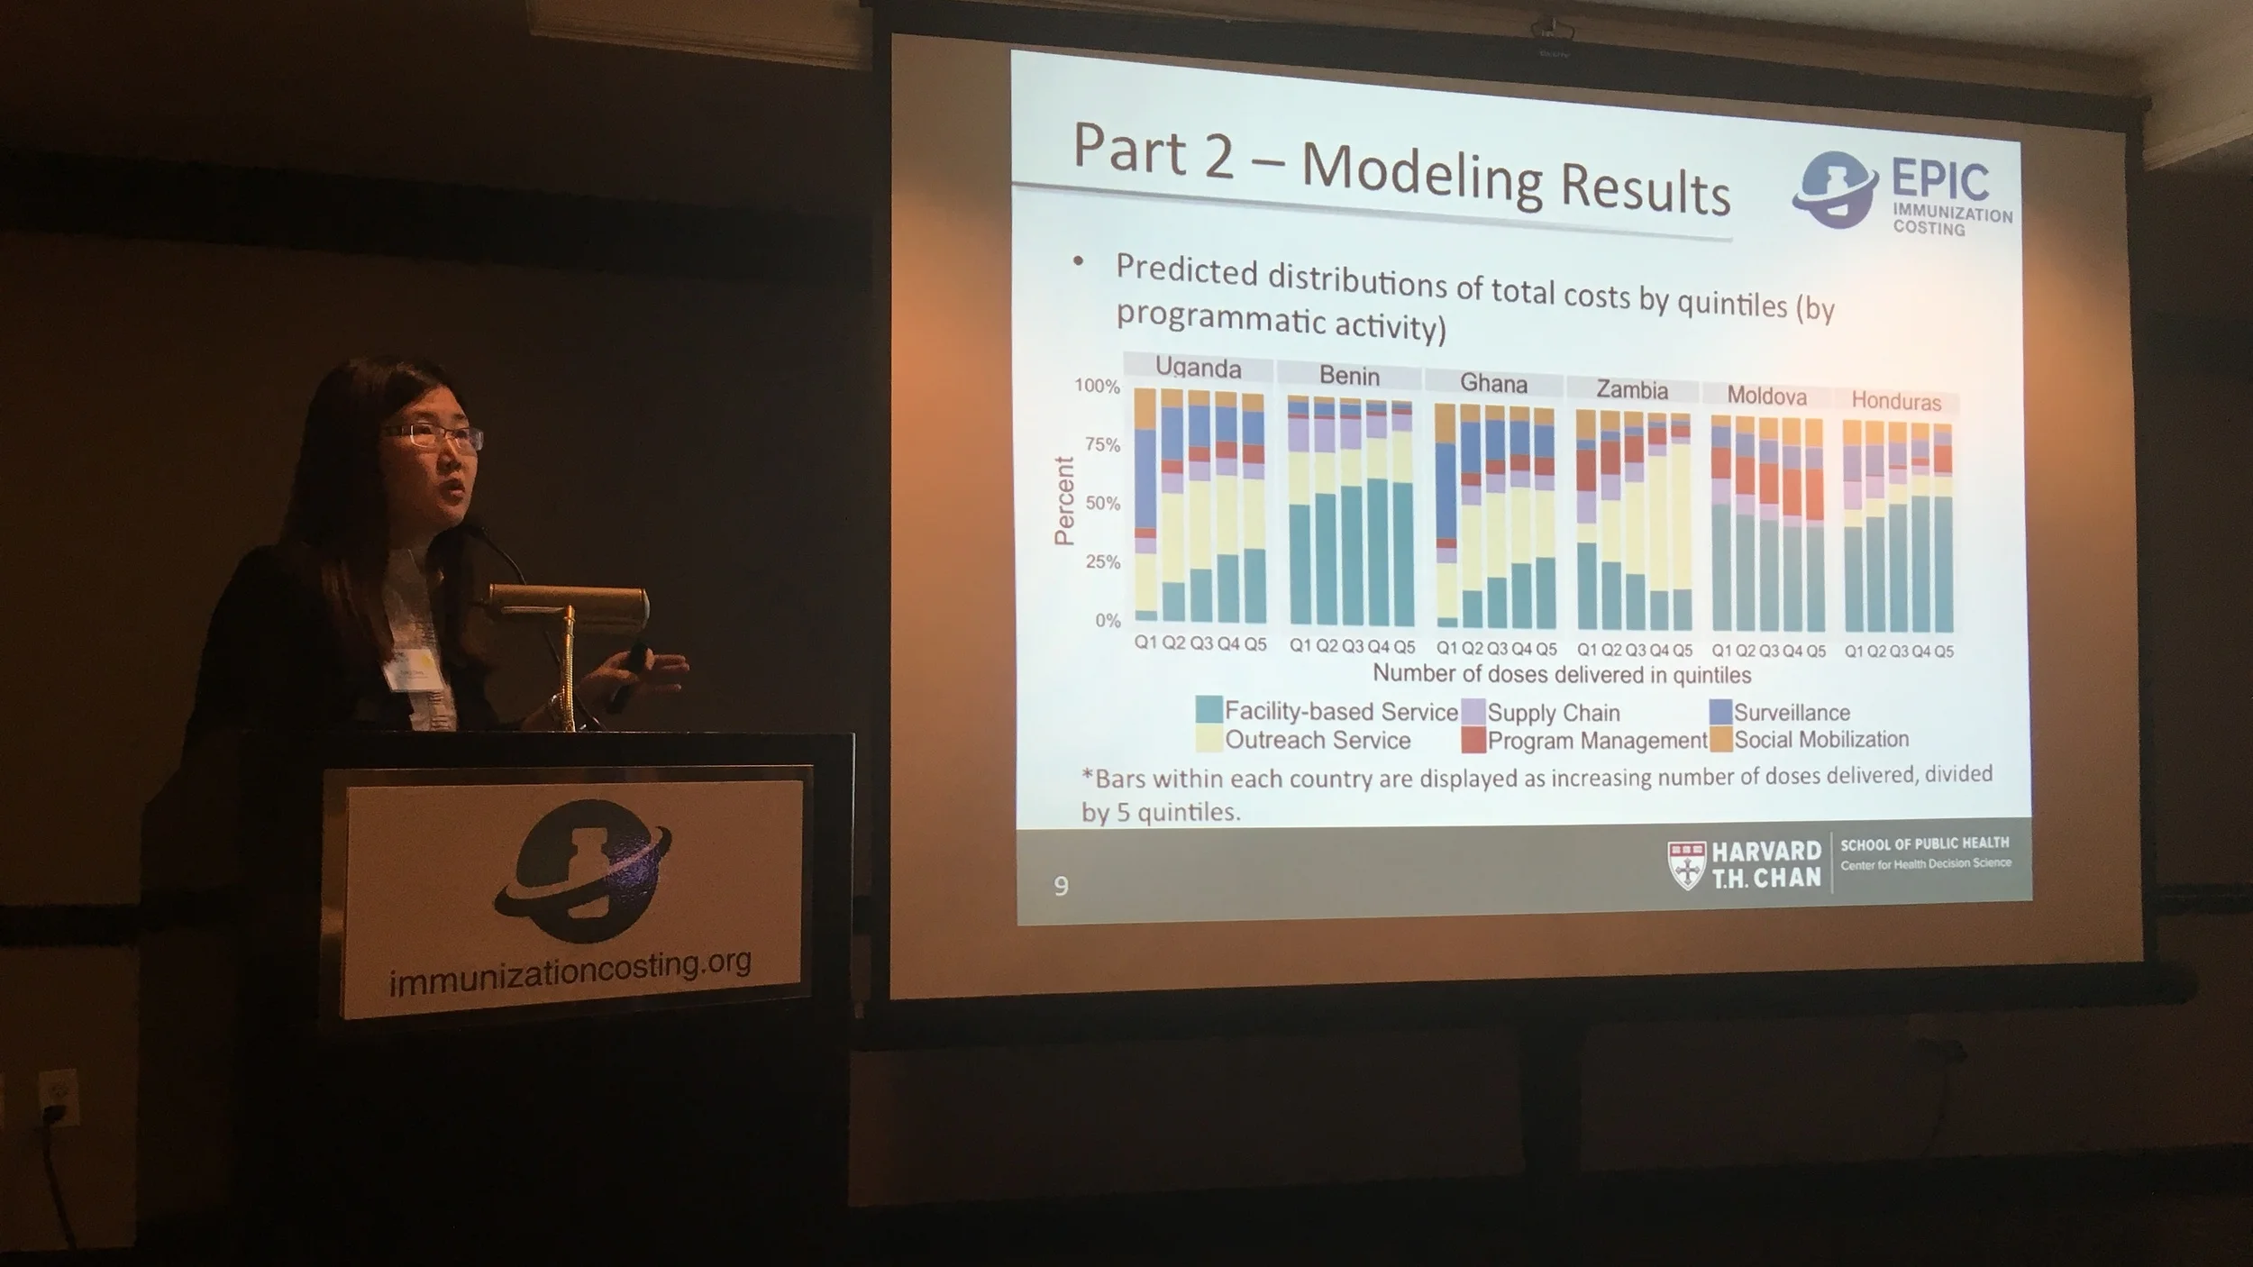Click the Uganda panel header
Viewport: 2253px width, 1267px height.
[1198, 368]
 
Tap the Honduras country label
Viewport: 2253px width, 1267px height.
[1896, 401]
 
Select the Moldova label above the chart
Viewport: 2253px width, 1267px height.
[1766, 396]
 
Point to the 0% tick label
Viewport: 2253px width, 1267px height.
[1108, 620]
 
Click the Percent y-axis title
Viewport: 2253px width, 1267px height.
[1064, 501]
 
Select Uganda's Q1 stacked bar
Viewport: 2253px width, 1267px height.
[1145, 505]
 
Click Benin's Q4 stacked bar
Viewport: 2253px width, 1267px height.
[1377, 514]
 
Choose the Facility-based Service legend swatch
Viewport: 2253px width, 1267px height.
[1209, 710]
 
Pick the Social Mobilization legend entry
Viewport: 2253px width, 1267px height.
[1820, 740]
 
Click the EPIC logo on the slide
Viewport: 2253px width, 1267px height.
[1902, 194]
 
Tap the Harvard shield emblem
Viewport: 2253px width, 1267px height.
[1686, 866]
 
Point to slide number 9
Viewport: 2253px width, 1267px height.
[1061, 887]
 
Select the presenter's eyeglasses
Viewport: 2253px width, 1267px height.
[432, 437]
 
